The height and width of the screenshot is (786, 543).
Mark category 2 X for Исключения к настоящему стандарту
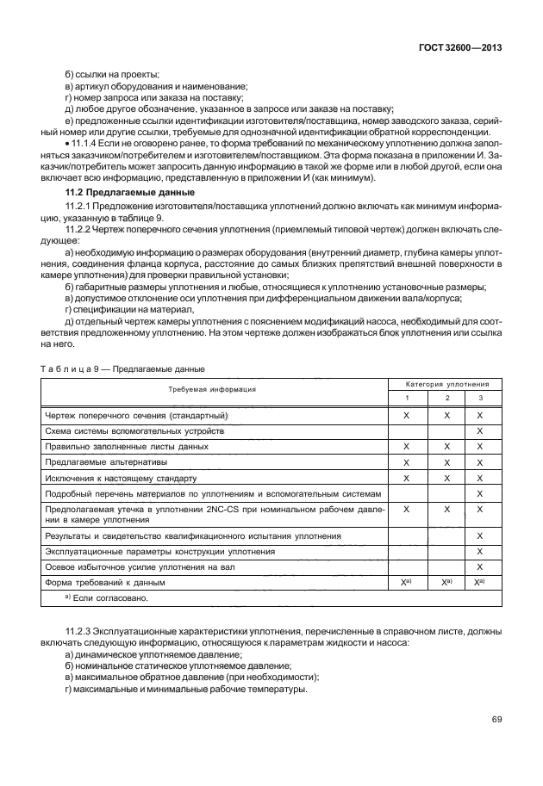click(447, 478)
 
